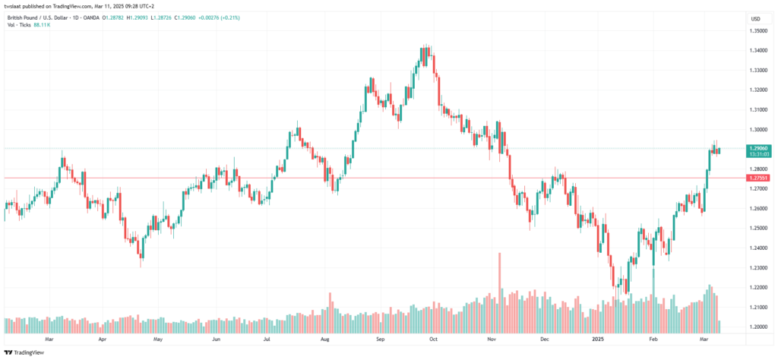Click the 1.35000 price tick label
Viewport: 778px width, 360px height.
[x=759, y=30]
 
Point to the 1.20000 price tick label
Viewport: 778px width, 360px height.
[x=759, y=327]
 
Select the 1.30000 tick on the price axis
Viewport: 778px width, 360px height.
[x=759, y=129]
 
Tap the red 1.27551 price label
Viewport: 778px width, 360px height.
[x=759, y=178]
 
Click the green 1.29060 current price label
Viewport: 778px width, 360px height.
[x=759, y=148]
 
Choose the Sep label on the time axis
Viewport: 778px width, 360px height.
[x=380, y=339]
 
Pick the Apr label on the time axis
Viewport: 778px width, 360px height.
[x=103, y=339]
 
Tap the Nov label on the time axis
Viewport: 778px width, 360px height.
[x=492, y=339]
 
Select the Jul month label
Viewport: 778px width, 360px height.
[x=267, y=339]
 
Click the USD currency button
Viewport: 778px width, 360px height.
[x=756, y=19]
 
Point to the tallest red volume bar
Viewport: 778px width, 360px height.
[x=499, y=292]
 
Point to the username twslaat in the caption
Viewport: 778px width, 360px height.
[x=12, y=6]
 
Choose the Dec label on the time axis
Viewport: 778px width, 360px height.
[x=544, y=339]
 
